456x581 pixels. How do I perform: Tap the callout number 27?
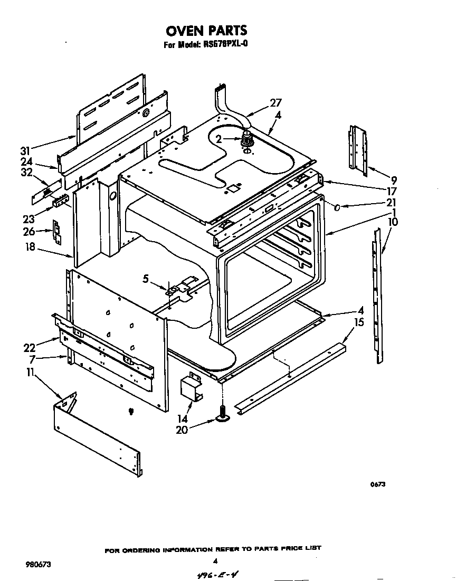coord(275,103)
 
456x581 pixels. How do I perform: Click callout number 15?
coord(359,321)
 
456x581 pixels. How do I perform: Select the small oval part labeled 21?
coord(337,207)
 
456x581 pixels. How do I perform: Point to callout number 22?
coord(29,347)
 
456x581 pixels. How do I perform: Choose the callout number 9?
coord(393,179)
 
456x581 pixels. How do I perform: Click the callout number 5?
coord(146,278)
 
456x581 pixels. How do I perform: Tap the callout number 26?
coord(29,231)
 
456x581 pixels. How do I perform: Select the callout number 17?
coord(391,191)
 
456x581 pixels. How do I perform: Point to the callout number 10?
coord(393,222)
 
